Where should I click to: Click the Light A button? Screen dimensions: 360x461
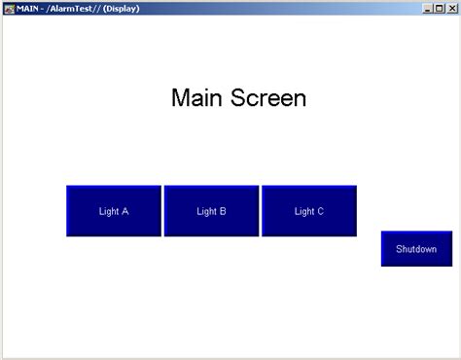(x=114, y=210)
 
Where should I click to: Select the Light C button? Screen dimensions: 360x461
(x=308, y=210)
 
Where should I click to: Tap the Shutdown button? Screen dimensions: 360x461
(x=416, y=249)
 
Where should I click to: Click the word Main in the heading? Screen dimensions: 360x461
(x=197, y=98)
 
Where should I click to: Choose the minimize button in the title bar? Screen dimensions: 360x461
(x=429, y=8)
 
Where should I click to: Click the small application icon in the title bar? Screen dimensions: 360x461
(x=9, y=8)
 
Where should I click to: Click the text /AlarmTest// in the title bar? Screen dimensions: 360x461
(x=75, y=8)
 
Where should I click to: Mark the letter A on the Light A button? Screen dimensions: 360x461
(x=125, y=211)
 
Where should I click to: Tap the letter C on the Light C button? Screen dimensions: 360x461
(x=320, y=211)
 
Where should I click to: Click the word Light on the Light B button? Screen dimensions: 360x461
(x=206, y=211)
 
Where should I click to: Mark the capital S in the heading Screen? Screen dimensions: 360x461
(x=237, y=98)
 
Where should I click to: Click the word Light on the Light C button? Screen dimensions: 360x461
(x=303, y=211)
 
